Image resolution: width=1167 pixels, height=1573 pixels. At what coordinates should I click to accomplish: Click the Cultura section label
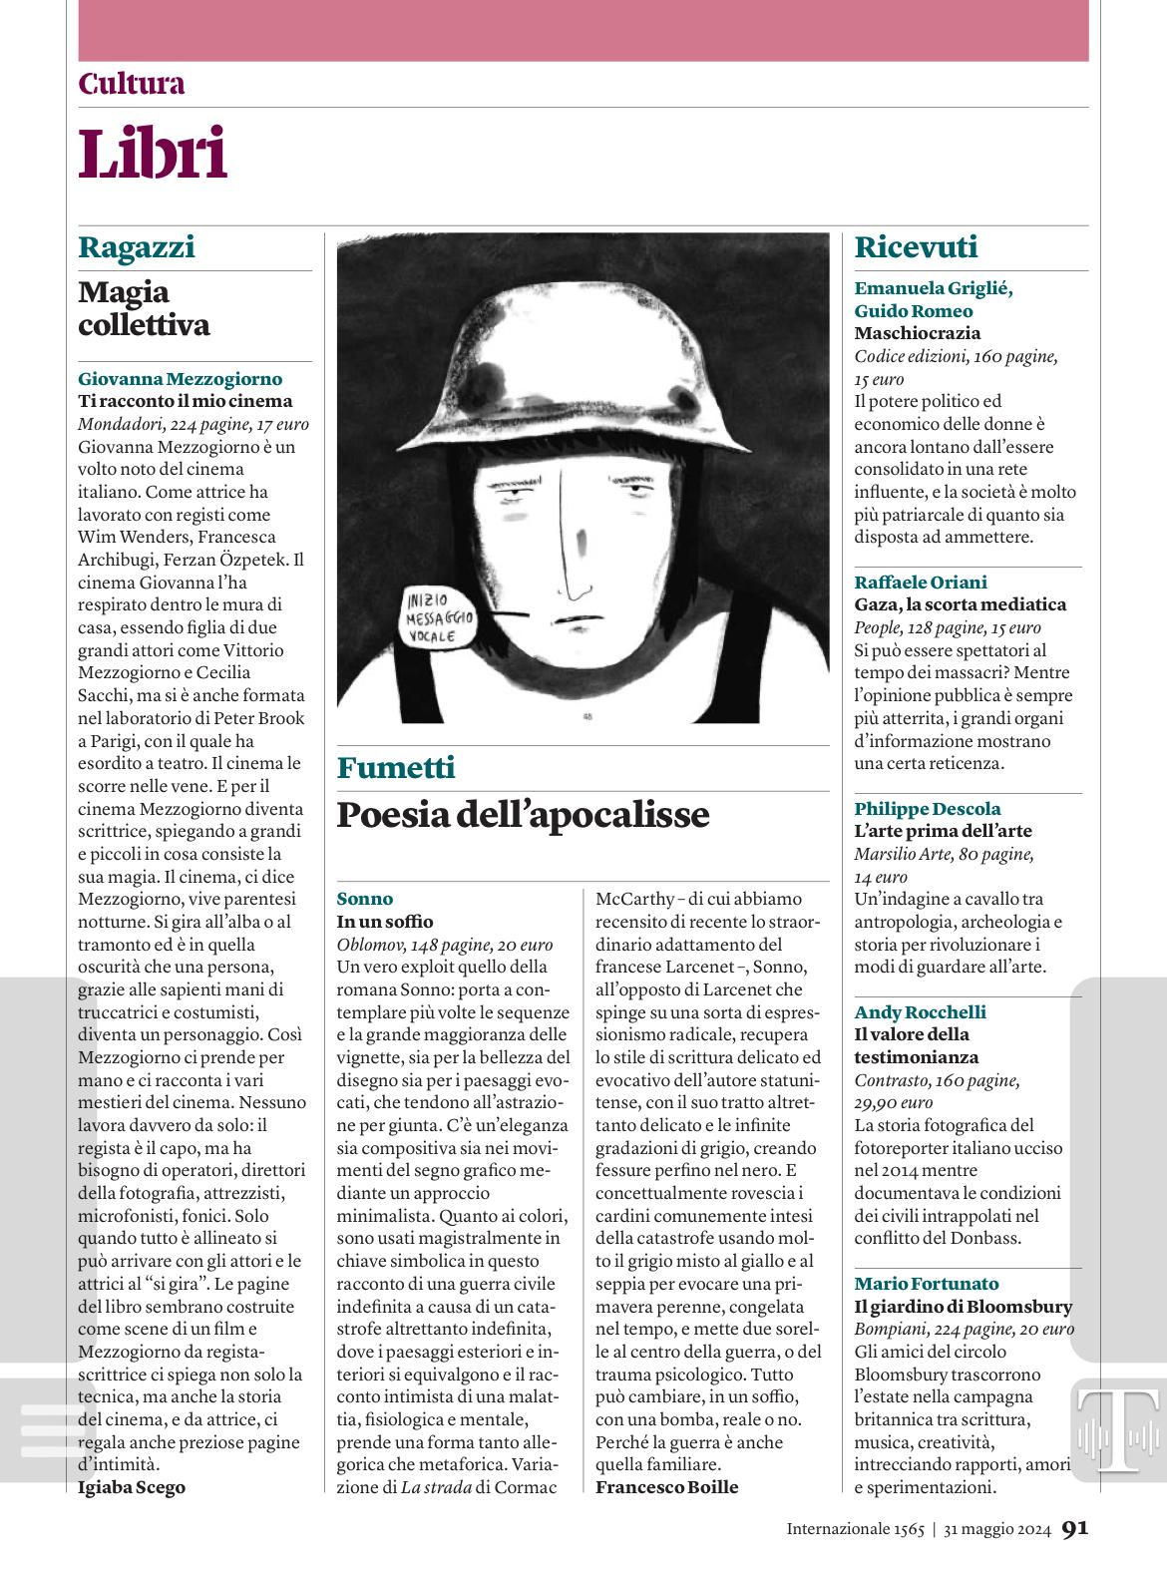click(x=132, y=84)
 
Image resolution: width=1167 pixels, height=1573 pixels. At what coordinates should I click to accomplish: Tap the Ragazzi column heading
click(x=137, y=246)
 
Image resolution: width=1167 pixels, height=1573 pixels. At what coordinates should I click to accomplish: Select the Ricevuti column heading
click(x=916, y=246)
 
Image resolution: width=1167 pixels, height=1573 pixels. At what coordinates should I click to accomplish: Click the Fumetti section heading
click(x=396, y=767)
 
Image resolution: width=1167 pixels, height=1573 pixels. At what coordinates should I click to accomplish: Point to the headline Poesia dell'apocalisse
click(x=523, y=815)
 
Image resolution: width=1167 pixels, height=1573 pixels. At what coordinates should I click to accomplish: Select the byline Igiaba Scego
click(x=132, y=1487)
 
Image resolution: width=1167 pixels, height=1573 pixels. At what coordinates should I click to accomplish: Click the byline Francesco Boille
click(x=666, y=1487)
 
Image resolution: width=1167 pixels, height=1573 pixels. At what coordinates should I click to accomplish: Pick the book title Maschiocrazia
click(x=917, y=333)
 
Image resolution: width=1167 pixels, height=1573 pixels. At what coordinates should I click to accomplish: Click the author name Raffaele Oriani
click(x=921, y=582)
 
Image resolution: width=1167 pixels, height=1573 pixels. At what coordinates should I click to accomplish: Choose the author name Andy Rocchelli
click(x=920, y=1011)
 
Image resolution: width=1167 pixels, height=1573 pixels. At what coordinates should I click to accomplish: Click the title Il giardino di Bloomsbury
click(x=963, y=1306)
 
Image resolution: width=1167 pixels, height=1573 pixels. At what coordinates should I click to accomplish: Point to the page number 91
click(x=1074, y=1528)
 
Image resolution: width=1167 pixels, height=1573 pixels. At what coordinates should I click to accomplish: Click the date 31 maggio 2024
click(x=997, y=1529)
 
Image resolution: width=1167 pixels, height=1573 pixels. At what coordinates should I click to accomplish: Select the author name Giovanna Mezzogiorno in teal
click(x=180, y=378)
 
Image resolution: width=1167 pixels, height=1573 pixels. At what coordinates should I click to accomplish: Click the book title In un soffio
click(x=385, y=921)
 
